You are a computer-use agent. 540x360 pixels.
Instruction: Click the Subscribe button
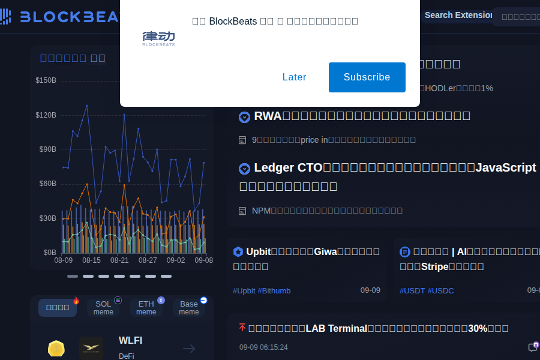click(x=367, y=77)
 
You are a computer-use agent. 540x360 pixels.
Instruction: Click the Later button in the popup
click(x=294, y=77)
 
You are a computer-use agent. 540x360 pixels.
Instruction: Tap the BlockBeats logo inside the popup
click(x=158, y=38)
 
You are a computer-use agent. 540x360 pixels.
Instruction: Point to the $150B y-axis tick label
click(x=46, y=80)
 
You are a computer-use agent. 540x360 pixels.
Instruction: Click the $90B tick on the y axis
click(x=47, y=149)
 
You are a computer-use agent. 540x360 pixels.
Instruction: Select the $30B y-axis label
click(x=47, y=218)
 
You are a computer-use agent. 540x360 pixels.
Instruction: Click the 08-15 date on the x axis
click(x=91, y=260)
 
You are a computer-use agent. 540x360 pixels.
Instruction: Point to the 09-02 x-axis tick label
click(x=176, y=260)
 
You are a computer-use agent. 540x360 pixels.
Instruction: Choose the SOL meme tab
click(x=103, y=308)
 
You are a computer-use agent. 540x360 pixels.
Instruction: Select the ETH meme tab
click(x=146, y=308)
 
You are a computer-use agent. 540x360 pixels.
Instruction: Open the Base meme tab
click(x=189, y=308)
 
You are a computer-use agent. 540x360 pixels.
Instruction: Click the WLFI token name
click(x=130, y=341)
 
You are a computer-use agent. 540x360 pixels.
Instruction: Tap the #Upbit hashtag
click(x=244, y=291)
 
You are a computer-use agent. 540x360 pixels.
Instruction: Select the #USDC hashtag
click(x=441, y=291)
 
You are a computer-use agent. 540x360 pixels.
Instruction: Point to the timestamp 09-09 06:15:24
click(x=263, y=347)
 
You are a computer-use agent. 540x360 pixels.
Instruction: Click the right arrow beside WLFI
click(x=189, y=349)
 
